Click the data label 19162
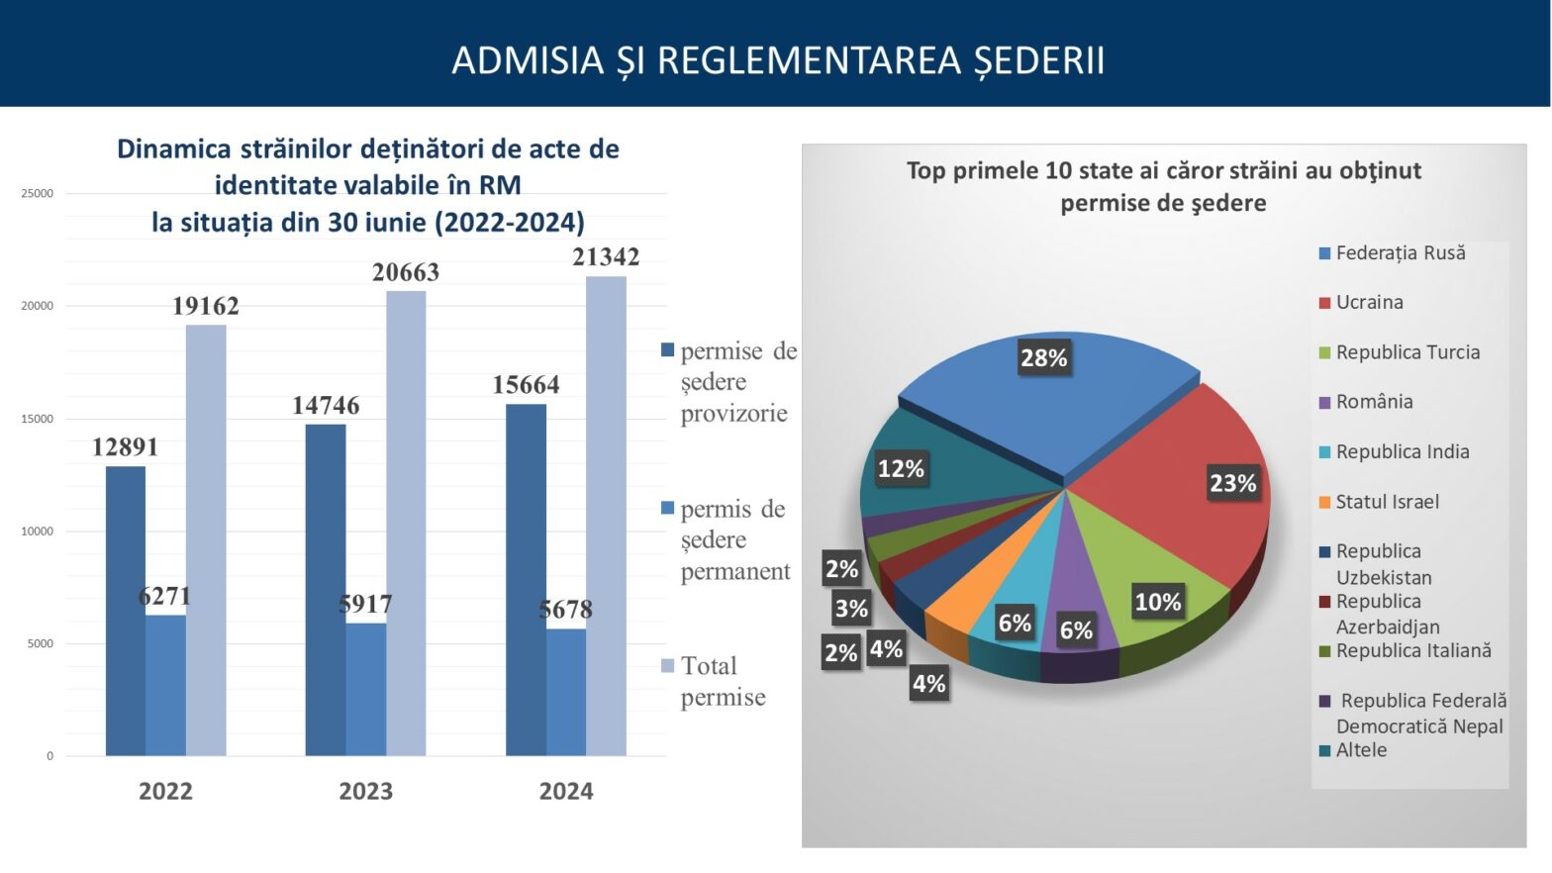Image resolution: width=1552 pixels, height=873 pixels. coord(206,306)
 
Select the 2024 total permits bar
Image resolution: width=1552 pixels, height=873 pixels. coord(606,515)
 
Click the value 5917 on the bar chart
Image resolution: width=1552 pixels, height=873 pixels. coord(365,604)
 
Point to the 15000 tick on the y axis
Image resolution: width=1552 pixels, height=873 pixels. coord(38,419)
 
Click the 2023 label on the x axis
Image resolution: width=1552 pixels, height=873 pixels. coord(365,791)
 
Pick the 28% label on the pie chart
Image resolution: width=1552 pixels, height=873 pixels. coord(1043,358)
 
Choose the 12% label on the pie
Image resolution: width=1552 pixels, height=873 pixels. coord(901,468)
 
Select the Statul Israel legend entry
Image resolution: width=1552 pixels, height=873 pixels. coord(1387,502)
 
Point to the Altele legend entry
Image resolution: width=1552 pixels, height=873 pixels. coord(1361,750)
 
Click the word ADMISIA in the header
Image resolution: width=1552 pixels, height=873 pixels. coord(528,60)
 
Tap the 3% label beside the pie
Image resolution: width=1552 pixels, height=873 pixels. coord(851,609)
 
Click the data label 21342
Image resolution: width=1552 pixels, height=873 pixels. coord(606,257)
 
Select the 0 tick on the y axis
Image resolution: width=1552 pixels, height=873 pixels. coord(49,756)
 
